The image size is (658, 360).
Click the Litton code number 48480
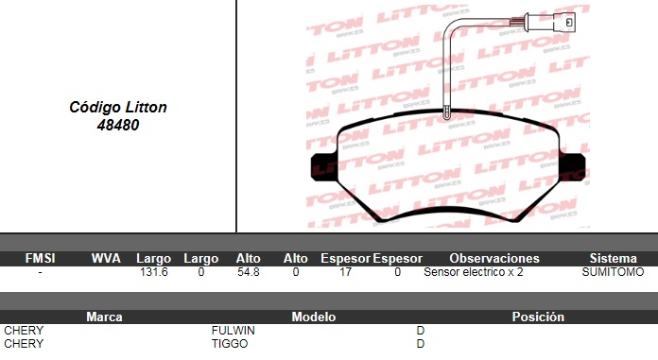(118, 125)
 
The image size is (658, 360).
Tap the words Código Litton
(118, 108)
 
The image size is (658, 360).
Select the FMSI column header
(41, 258)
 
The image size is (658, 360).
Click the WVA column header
(106, 258)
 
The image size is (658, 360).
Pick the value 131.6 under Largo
(153, 272)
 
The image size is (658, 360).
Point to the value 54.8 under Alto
(249, 272)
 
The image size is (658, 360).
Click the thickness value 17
(345, 272)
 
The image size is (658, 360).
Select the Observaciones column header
(494, 258)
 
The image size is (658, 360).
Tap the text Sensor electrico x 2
(474, 272)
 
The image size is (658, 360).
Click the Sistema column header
(614, 258)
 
